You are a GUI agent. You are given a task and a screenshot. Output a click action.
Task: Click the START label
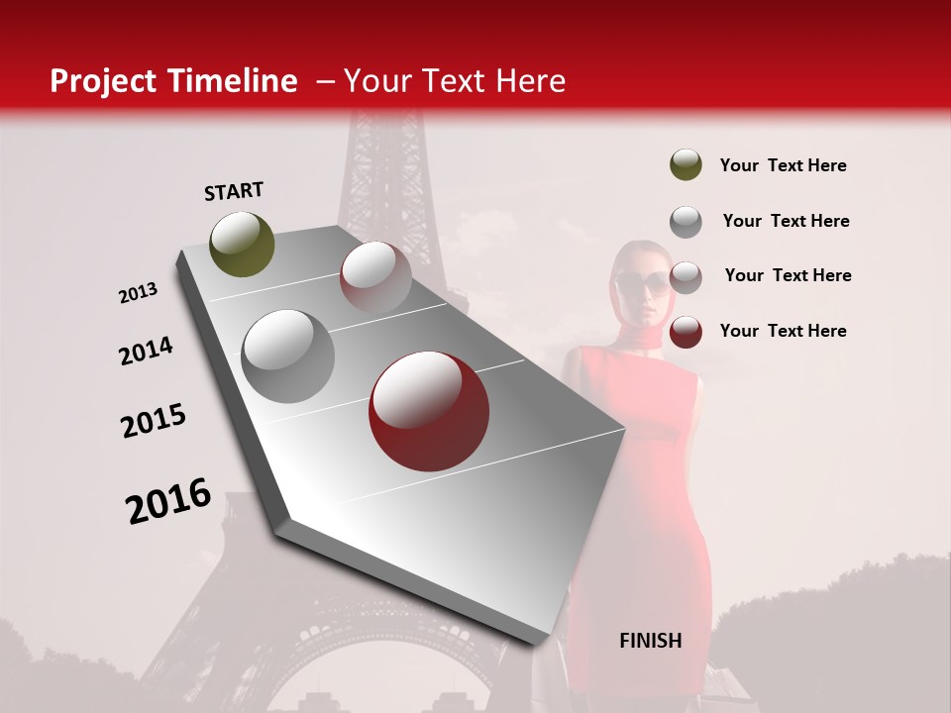click(x=234, y=191)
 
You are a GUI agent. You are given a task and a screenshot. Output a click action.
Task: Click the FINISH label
click(x=650, y=641)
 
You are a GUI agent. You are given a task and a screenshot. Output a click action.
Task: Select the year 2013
click(x=138, y=293)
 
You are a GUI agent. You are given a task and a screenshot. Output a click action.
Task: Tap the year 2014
click(x=146, y=352)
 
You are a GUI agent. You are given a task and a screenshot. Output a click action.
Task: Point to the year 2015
click(x=154, y=421)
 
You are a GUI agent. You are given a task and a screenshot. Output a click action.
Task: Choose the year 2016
click(x=168, y=501)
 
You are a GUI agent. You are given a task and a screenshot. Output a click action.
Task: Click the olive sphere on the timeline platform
click(x=243, y=244)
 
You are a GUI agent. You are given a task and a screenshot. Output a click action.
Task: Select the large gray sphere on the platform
click(x=288, y=356)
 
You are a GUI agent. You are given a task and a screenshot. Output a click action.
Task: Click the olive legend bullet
click(x=686, y=165)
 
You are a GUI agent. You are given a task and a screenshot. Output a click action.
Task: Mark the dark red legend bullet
click(x=686, y=332)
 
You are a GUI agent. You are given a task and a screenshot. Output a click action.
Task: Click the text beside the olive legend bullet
click(x=783, y=166)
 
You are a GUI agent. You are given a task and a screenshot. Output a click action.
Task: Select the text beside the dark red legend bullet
click(x=783, y=331)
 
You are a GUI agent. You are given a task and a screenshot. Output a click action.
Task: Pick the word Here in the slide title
click(x=530, y=81)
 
